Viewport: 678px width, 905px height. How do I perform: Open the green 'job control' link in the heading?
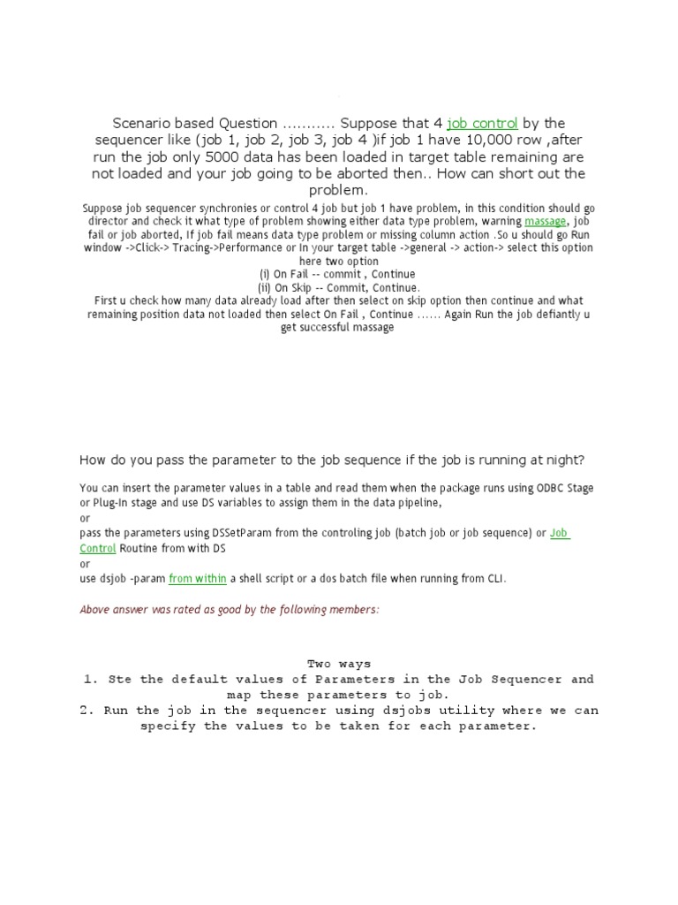(482, 123)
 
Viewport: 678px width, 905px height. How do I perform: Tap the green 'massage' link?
(545, 221)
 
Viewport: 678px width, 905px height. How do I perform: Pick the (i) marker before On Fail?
(264, 275)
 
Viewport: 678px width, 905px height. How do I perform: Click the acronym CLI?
(498, 578)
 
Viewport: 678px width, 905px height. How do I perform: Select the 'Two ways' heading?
(339, 664)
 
